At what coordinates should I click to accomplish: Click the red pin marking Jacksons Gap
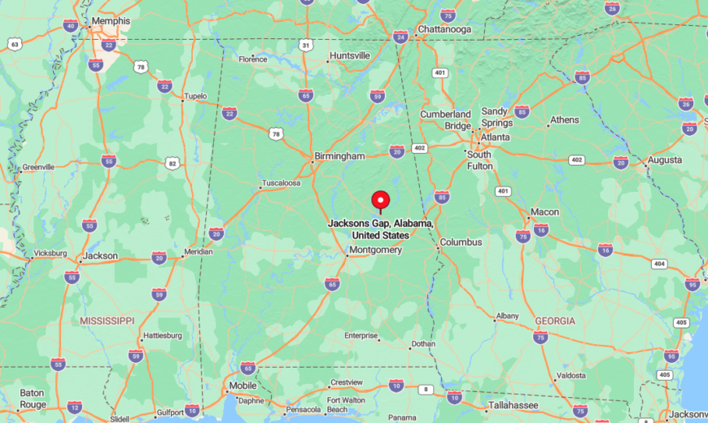[x=380, y=200]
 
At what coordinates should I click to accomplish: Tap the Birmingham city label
[x=339, y=156]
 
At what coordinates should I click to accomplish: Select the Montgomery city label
[x=375, y=250]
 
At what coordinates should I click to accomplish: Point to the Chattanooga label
[x=444, y=29]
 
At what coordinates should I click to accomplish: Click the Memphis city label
[x=111, y=20]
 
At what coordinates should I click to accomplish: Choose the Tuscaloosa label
[x=280, y=183]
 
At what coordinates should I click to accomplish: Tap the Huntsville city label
[x=349, y=55]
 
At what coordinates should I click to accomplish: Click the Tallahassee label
[x=514, y=405]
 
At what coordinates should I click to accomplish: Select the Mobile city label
[x=243, y=386]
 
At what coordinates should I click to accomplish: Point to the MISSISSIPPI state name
[x=107, y=321]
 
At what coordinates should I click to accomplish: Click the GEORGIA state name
[x=555, y=321]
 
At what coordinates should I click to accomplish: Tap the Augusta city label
[x=665, y=159]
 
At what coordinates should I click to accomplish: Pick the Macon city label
[x=544, y=211]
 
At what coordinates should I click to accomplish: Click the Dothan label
[x=422, y=344]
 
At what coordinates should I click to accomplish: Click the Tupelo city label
[x=195, y=95]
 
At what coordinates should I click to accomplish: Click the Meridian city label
[x=199, y=251]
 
